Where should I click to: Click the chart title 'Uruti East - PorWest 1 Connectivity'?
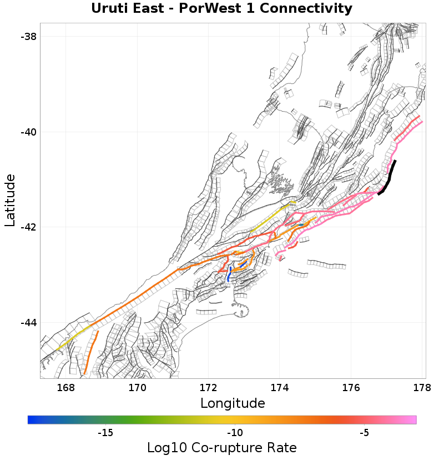click(x=221, y=9)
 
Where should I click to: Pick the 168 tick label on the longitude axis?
click(x=65, y=388)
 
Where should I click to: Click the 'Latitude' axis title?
click(x=10, y=200)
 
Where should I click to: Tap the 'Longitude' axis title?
click(x=233, y=403)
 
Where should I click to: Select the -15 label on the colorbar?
click(x=105, y=433)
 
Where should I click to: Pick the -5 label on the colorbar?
click(x=364, y=433)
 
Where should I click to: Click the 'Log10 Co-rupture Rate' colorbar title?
click(x=221, y=448)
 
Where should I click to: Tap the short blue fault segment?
click(x=229, y=274)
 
